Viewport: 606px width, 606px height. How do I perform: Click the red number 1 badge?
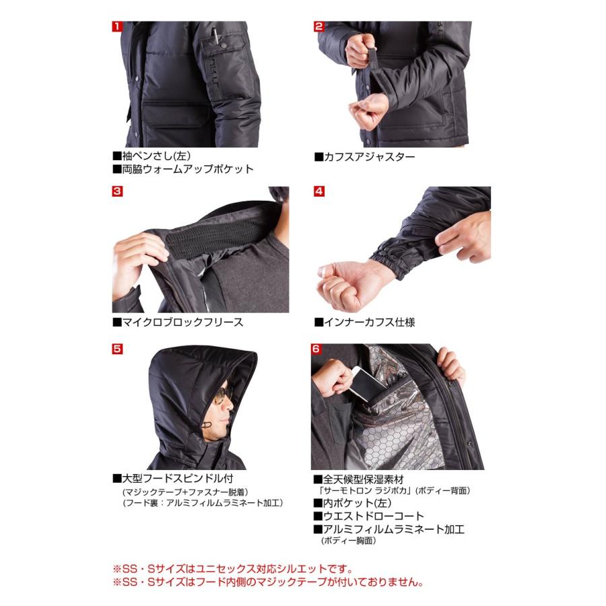(117, 27)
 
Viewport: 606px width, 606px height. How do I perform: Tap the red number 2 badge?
(318, 27)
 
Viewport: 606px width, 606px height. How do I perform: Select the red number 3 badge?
(117, 191)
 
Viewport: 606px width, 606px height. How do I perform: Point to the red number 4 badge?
(318, 191)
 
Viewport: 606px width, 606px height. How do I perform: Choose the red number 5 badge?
(117, 349)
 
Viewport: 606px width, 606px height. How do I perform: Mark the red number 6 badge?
(316, 349)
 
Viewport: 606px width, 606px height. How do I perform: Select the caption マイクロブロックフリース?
(178, 322)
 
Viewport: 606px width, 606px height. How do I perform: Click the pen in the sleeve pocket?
(214, 35)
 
